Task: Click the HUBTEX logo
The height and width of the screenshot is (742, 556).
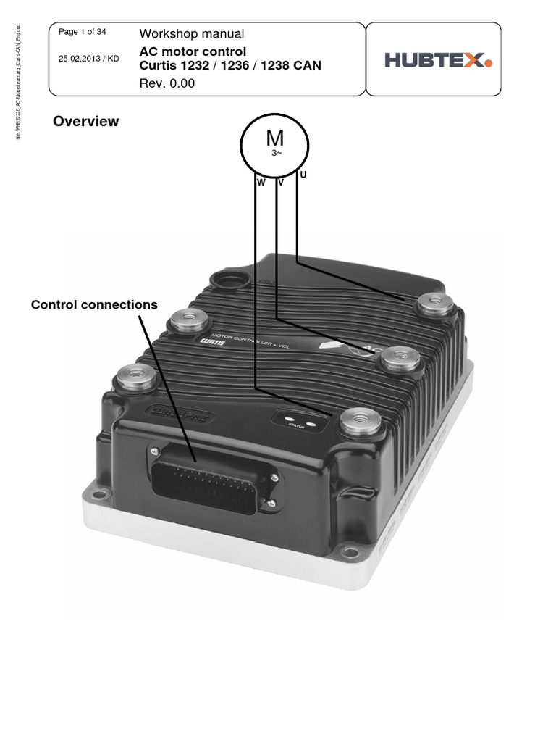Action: pos(438,60)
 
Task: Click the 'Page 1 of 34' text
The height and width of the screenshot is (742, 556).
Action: pos(82,32)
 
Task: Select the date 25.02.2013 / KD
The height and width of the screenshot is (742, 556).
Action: pos(88,59)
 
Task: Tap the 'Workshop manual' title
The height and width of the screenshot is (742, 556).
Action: pos(191,34)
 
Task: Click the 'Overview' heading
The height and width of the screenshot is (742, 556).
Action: pos(85,121)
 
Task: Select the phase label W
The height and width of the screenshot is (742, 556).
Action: pos(260,183)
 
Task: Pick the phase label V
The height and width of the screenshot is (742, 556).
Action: pos(280,183)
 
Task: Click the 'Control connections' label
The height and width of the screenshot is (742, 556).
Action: pos(94,304)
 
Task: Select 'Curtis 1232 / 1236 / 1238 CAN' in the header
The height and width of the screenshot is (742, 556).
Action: pos(230,66)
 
